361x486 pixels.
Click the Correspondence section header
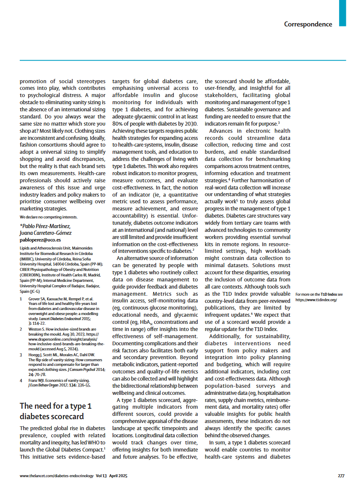308,24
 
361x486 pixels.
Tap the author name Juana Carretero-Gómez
45,233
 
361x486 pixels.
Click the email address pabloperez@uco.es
41,240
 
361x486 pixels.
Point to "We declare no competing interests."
48,217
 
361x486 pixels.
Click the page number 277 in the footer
341,475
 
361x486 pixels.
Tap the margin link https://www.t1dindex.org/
316,300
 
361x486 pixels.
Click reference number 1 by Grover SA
21,299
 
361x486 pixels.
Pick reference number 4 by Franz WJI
21,380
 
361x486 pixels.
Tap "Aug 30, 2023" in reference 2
74,329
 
